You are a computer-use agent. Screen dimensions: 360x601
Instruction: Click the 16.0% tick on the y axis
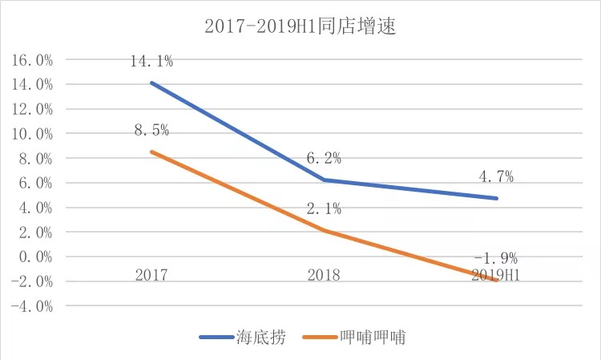point(32,60)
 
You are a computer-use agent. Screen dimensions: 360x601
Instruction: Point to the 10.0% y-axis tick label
point(32,134)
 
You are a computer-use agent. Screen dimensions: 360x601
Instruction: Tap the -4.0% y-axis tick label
point(32,306)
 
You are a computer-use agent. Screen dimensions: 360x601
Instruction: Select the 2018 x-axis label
point(324,275)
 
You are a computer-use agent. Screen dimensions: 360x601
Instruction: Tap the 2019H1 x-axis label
point(494,275)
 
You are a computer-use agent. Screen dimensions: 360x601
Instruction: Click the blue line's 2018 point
point(324,180)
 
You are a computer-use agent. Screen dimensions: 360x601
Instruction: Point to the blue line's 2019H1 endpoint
point(497,198)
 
